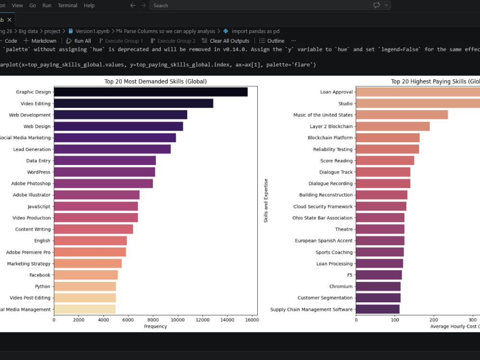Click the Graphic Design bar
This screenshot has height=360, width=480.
151,92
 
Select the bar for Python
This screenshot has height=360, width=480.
85,287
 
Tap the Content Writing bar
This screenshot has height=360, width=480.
94,229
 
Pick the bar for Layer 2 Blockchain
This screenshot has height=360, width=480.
393,126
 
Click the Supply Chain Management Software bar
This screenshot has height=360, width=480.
378,309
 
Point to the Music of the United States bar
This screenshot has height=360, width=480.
402,115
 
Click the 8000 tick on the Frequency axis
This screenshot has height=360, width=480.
153,320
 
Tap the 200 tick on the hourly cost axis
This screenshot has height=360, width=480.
434,320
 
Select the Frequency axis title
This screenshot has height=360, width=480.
156,326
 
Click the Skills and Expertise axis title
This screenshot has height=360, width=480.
266,201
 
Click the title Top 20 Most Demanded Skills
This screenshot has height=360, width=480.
156,82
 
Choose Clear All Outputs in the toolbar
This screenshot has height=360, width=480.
226,41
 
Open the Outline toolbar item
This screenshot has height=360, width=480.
272,41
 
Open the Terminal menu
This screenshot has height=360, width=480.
68,5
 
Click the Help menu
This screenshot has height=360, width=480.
89,5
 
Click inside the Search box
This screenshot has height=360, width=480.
260,5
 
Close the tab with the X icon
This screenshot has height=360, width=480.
10,20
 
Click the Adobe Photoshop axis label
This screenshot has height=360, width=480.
31,184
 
